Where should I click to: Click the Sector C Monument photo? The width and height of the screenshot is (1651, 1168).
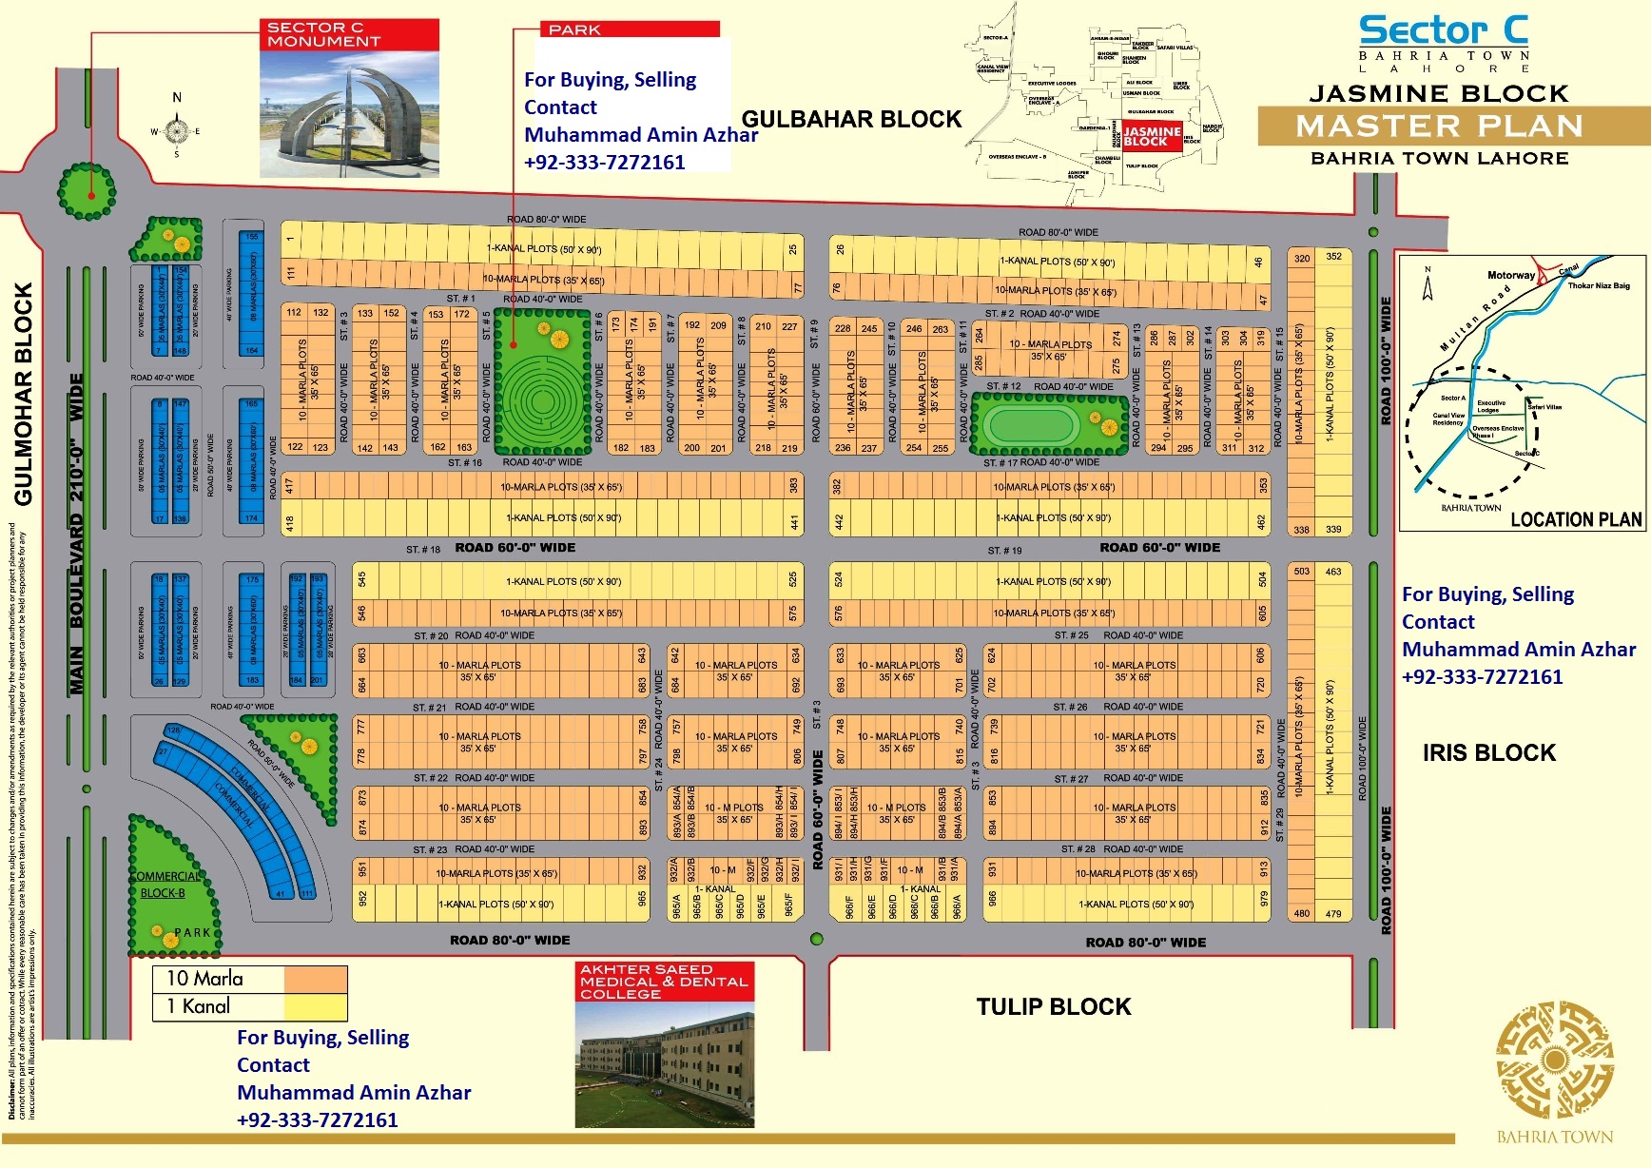pos(349,113)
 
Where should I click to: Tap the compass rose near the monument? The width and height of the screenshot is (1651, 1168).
pos(177,130)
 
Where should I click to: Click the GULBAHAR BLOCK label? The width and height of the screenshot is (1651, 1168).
pos(851,120)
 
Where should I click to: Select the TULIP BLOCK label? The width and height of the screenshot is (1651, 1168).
pos(1054,1007)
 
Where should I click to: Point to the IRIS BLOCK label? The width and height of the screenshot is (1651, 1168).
pos(1488,753)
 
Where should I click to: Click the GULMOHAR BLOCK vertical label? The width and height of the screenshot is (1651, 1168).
pos(24,394)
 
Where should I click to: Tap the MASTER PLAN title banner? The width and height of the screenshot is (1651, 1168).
pos(1439,126)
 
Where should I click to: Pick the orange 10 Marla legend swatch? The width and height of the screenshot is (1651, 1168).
pos(315,979)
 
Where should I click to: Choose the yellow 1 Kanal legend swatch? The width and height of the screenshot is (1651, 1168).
pos(315,1006)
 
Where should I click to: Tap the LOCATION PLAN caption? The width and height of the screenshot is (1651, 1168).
pos(1576,519)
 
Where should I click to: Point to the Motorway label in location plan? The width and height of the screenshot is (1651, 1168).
pos(1510,276)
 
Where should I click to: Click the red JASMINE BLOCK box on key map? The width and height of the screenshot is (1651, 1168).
pos(1151,136)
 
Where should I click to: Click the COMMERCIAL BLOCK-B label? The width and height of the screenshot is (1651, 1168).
pos(165,885)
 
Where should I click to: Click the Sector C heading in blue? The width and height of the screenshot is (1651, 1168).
pos(1443,30)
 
